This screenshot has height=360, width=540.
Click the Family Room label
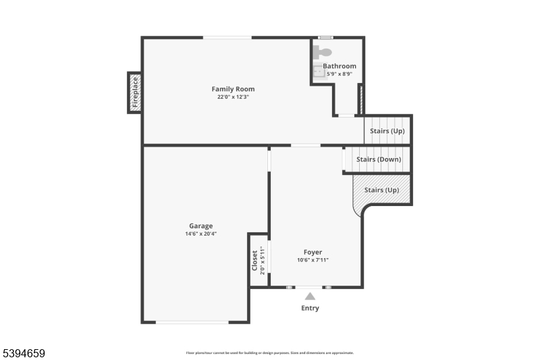pyautogui.click(x=233, y=89)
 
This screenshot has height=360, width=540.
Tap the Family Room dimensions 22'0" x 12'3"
pyautogui.click(x=233, y=97)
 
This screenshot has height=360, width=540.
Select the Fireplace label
pyautogui.click(x=135, y=93)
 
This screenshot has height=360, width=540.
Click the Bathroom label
pyautogui.click(x=339, y=66)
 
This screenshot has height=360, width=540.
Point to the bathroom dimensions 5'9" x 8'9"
pyautogui.click(x=339, y=74)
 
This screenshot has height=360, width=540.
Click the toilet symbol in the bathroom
pyautogui.click(x=323, y=51)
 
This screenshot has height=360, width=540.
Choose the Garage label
pyautogui.click(x=200, y=226)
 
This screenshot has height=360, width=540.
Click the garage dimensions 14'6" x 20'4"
pyautogui.click(x=200, y=234)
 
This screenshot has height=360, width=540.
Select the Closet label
pyautogui.click(x=254, y=260)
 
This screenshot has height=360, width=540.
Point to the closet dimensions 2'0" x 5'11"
pyautogui.click(x=262, y=260)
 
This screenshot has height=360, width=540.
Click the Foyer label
pyautogui.click(x=313, y=253)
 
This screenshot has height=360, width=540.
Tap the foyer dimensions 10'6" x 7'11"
pyautogui.click(x=313, y=261)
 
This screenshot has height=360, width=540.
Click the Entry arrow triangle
pyautogui.click(x=310, y=296)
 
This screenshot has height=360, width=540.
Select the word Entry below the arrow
pyautogui.click(x=310, y=309)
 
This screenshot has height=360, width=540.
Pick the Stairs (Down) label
pyautogui.click(x=378, y=159)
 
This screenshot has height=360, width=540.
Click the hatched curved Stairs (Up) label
pyautogui.click(x=381, y=190)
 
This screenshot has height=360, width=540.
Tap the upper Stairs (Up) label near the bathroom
pyautogui.click(x=387, y=130)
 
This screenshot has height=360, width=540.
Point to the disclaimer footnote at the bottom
pyautogui.click(x=269, y=353)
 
